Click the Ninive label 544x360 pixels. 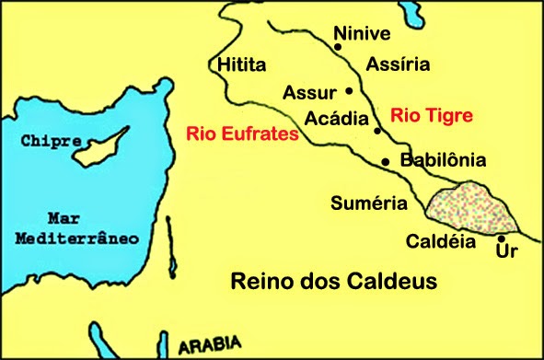(x=363, y=34)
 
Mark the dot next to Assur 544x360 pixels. (x=349, y=90)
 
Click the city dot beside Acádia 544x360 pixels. (x=377, y=130)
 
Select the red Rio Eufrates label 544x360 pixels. (x=242, y=134)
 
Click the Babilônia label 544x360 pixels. (x=444, y=159)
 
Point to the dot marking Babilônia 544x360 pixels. (x=385, y=162)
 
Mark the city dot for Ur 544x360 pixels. (x=500, y=238)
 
